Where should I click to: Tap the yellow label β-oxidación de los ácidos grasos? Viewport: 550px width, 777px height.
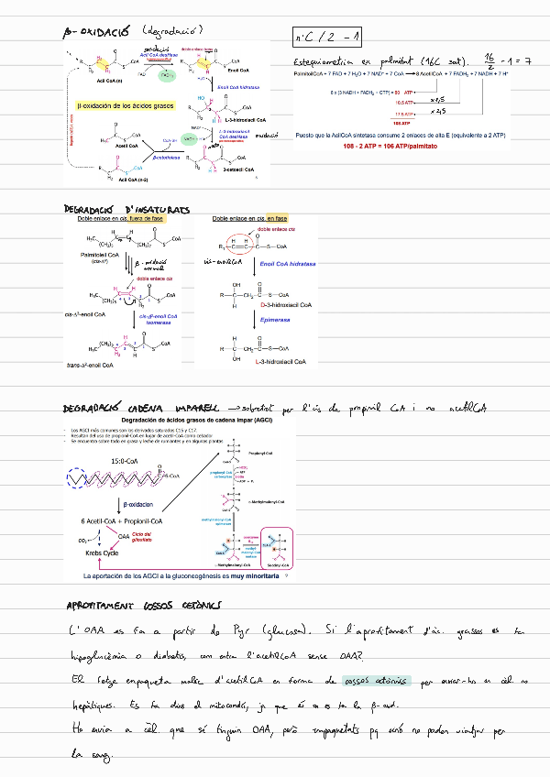coord(125,106)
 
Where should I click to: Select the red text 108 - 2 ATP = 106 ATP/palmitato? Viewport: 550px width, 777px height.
coord(390,147)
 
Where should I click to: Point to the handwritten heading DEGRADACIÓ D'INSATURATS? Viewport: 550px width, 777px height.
coord(126,210)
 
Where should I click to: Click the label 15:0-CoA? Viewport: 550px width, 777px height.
coord(126,460)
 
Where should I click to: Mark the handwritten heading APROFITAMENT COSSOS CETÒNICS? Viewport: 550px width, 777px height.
coord(144,607)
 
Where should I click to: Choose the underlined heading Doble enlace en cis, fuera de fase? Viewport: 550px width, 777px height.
coord(121,219)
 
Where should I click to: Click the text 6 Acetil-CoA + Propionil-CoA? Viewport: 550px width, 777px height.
coord(124,520)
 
